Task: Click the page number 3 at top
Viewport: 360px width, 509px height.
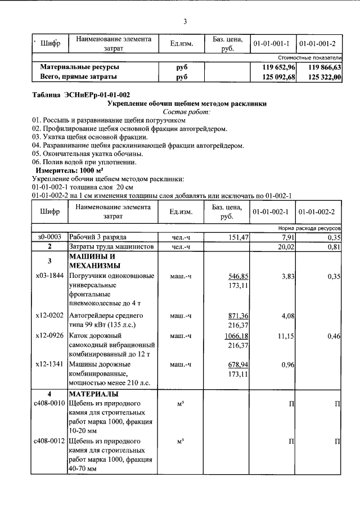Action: tap(184, 22)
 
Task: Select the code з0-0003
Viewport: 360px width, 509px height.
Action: tap(49, 237)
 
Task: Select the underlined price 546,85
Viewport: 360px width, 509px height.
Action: tap(238, 276)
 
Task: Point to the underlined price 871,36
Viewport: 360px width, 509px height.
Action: tap(238, 316)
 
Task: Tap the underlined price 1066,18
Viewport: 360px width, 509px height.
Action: tap(237, 336)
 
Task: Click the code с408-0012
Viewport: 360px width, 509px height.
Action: tap(49, 441)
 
